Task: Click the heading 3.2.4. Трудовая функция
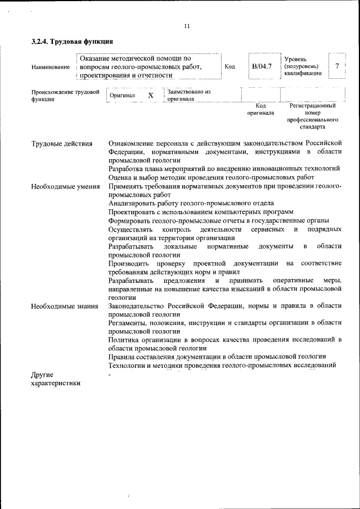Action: tap(73, 42)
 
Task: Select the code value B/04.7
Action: tap(262, 66)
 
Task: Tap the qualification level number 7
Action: tap(336, 66)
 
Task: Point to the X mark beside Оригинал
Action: tap(150, 96)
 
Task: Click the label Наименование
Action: tap(51, 67)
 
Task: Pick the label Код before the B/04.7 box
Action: tap(229, 66)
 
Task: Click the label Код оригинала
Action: tap(260, 109)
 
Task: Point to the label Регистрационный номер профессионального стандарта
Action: tap(313, 116)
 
